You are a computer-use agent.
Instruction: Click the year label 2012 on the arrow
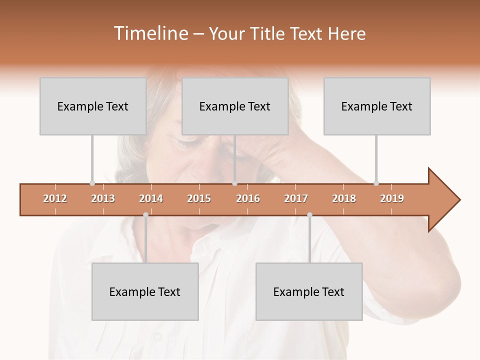tap(55, 198)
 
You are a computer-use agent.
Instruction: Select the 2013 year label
tap(103, 198)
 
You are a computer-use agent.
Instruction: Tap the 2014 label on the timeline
tap(151, 198)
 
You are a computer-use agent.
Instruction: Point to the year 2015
tap(199, 198)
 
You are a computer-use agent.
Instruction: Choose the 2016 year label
tap(248, 198)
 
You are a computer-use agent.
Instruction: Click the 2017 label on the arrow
tap(296, 198)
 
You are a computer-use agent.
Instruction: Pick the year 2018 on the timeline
tap(344, 198)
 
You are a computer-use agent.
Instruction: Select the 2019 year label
tap(392, 198)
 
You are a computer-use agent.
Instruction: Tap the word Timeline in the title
tap(150, 33)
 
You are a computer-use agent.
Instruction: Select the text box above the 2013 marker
tap(93, 106)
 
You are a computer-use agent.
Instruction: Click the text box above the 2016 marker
tap(235, 106)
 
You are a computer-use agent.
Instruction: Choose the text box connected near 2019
tap(377, 106)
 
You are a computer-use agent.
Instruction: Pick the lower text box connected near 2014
tap(145, 291)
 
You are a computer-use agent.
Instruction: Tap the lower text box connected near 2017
tap(309, 291)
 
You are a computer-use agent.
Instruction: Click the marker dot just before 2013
tap(92, 183)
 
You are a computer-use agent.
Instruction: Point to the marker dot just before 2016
tap(234, 183)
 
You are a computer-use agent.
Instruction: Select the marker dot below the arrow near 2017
tap(309, 215)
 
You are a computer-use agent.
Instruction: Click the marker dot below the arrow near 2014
tap(145, 215)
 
